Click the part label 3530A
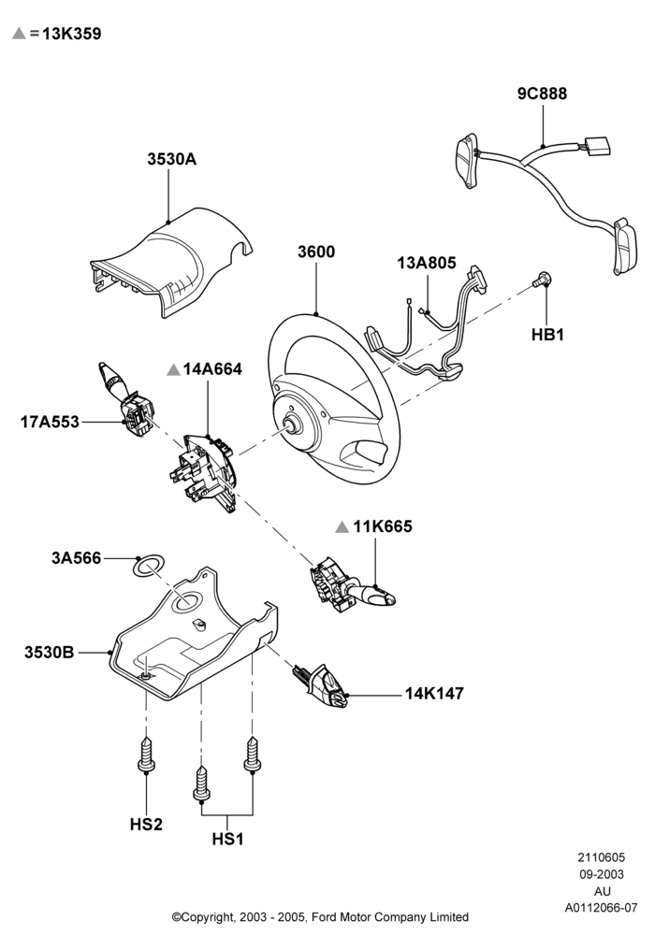(172, 159)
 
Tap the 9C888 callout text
(542, 93)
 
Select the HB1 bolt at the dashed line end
(543, 278)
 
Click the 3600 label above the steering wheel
(316, 252)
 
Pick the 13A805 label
(427, 263)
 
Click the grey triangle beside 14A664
(174, 369)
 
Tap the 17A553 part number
(50, 423)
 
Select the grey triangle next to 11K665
(342, 526)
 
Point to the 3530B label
(50, 653)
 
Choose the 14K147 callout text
(434, 694)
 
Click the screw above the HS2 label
(146, 754)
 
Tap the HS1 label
(228, 839)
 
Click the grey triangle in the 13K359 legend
(19, 33)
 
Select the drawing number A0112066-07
(602, 908)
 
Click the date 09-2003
(602, 875)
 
